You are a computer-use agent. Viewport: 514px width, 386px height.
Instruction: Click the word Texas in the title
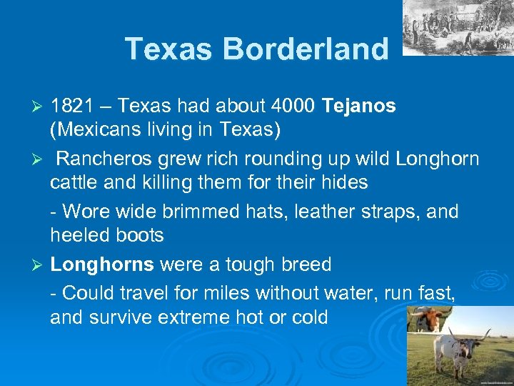point(169,49)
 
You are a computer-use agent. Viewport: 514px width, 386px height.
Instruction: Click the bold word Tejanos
point(359,106)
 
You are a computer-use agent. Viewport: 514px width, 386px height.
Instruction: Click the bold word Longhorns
point(102,264)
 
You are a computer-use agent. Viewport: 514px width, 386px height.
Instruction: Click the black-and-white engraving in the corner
point(458,26)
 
